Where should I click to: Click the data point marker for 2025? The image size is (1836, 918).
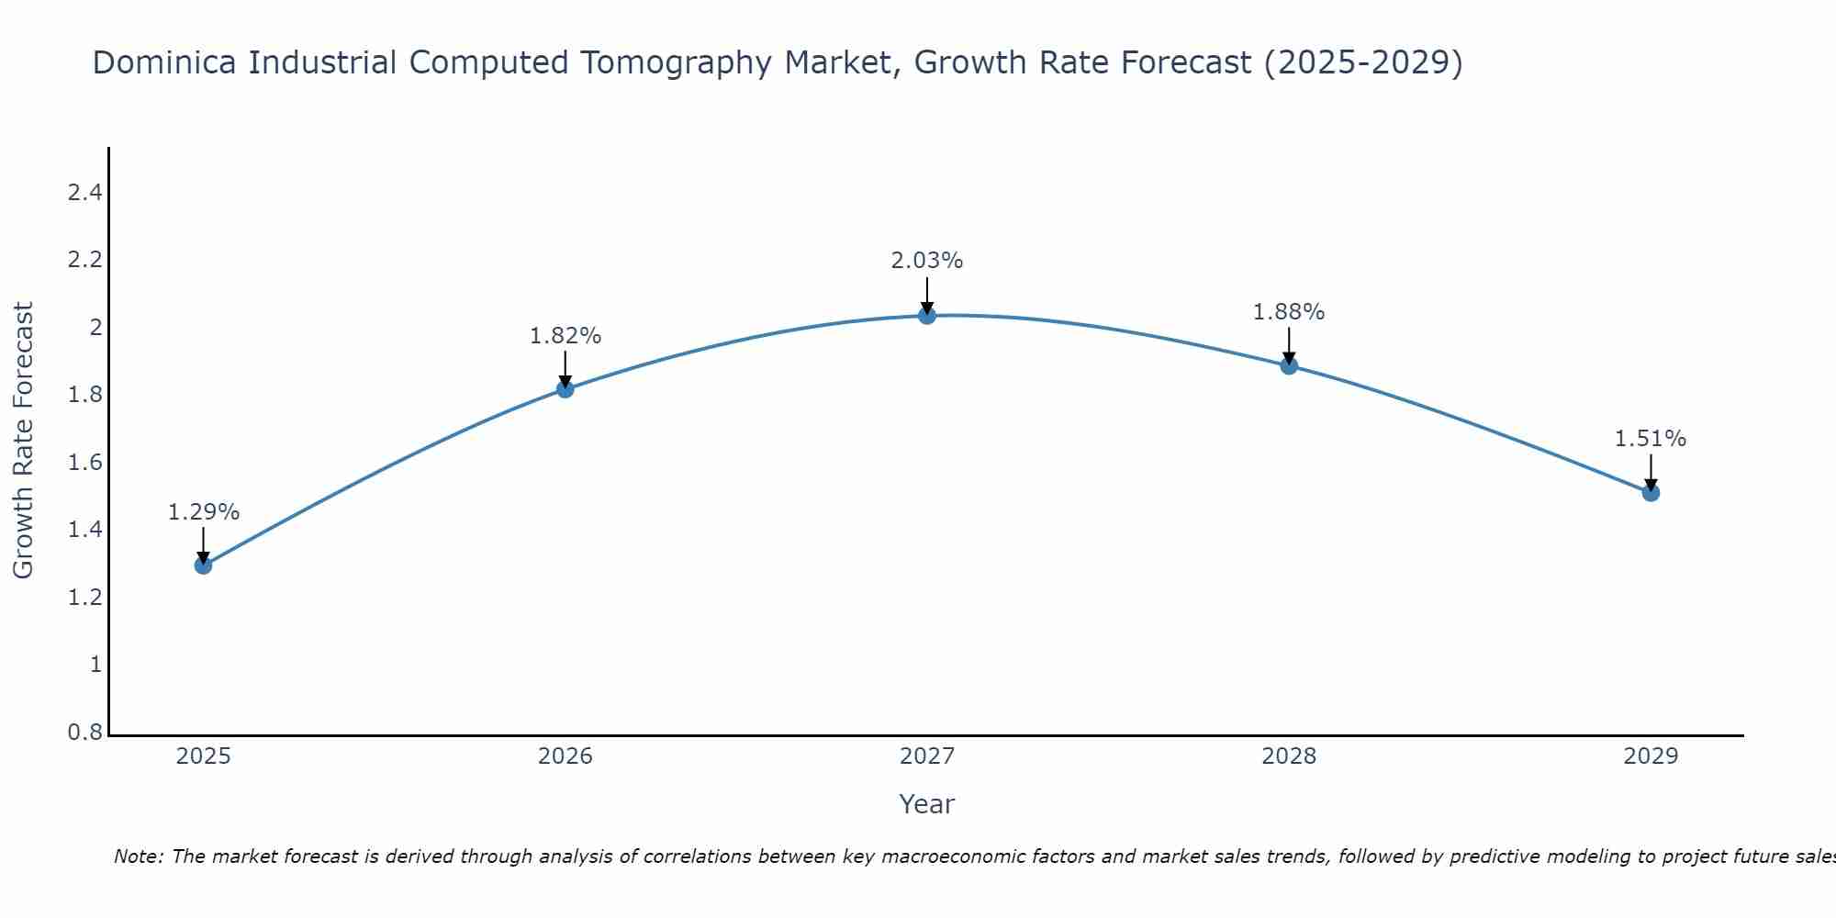(204, 565)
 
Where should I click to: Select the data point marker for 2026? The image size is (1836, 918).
(565, 388)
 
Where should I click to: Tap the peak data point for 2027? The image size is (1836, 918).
(927, 316)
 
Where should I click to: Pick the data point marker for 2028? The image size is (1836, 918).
(1289, 365)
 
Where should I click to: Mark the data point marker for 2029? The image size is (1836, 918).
(1651, 492)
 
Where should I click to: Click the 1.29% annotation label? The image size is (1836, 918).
(204, 512)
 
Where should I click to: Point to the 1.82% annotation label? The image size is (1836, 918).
(565, 336)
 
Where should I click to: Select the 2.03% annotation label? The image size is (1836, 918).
(927, 261)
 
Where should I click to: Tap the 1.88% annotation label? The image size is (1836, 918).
(1289, 312)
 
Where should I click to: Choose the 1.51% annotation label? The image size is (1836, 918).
(1651, 439)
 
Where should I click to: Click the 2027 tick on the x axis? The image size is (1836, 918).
(927, 756)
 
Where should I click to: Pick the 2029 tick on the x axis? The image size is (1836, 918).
(1651, 756)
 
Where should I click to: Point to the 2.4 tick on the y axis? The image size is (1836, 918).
(84, 193)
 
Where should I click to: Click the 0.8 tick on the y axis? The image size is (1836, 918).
(84, 733)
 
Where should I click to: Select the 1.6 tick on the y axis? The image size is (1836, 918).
(84, 463)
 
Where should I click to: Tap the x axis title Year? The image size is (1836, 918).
(927, 804)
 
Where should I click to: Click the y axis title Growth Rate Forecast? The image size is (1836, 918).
(24, 440)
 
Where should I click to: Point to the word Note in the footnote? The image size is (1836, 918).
(138, 856)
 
